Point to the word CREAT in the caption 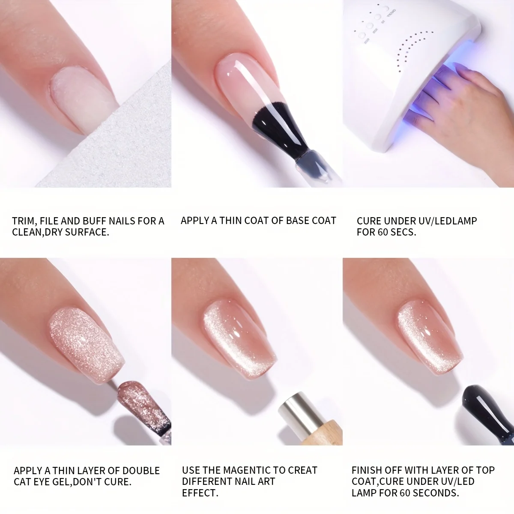point(303,470)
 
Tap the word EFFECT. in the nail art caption point(200,493)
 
